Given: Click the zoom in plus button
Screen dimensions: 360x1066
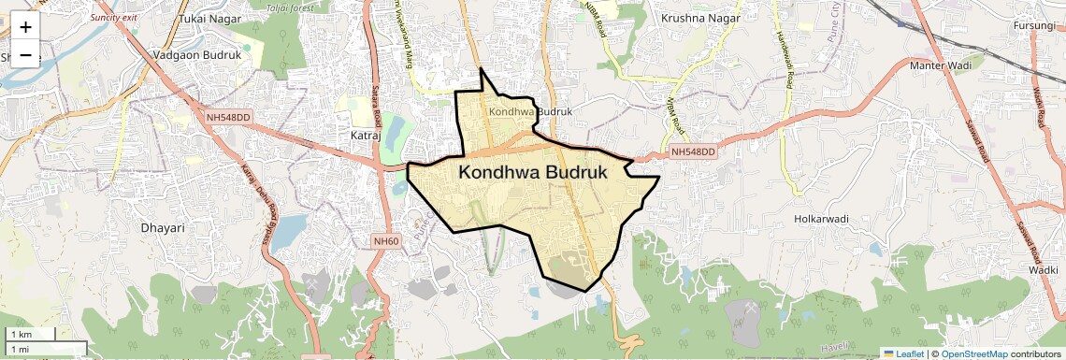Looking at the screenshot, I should click(25, 27).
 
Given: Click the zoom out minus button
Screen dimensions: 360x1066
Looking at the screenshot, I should click(25, 55).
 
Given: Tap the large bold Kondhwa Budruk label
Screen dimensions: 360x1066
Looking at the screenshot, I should click(533, 173).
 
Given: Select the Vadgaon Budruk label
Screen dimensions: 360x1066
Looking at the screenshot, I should click(196, 55).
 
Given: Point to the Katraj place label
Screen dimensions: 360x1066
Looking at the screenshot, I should click(366, 136).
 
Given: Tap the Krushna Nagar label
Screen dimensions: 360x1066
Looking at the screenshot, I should click(700, 18).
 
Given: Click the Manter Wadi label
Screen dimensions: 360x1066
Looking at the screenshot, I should click(941, 65).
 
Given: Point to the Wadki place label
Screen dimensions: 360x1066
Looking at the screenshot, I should click(1043, 268).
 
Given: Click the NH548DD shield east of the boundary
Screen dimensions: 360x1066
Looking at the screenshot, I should click(693, 151).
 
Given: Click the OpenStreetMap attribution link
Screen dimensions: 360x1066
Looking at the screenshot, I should click(974, 353).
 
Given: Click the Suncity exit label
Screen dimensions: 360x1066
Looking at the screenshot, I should click(115, 18).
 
